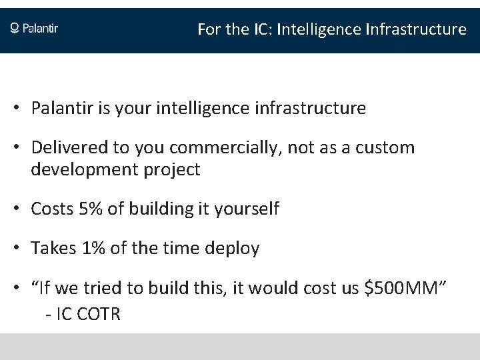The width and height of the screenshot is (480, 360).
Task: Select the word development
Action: (x=77, y=169)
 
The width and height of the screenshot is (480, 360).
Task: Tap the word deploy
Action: (x=234, y=249)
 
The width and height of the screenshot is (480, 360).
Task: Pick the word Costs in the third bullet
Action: (x=52, y=209)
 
